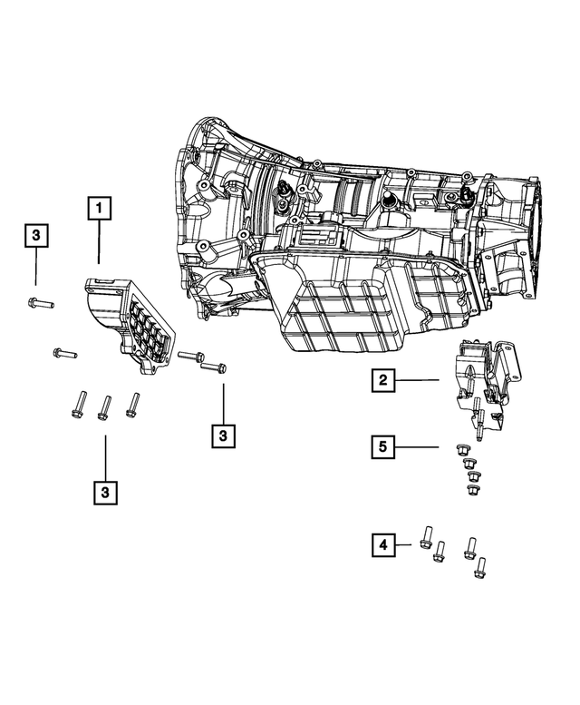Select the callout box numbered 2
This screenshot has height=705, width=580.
(x=384, y=382)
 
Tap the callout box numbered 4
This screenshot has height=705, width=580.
(x=384, y=544)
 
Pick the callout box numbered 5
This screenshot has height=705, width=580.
(x=384, y=446)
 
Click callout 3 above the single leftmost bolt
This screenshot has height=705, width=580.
(x=35, y=236)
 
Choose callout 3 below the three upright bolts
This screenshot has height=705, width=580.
(x=105, y=492)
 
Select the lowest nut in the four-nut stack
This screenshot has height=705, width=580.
(x=471, y=490)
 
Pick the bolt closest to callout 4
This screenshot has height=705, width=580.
(x=425, y=538)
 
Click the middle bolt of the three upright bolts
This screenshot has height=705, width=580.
(x=104, y=406)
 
